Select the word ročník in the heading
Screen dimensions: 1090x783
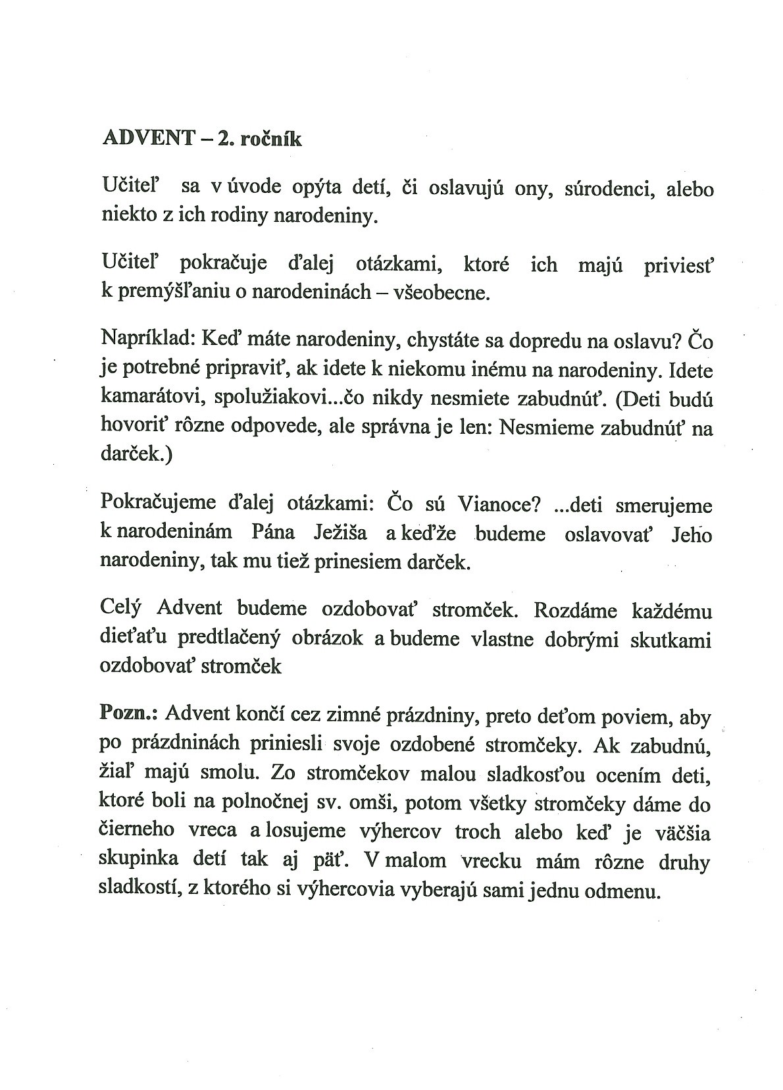coord(272,139)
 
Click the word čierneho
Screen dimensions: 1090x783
coord(136,831)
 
